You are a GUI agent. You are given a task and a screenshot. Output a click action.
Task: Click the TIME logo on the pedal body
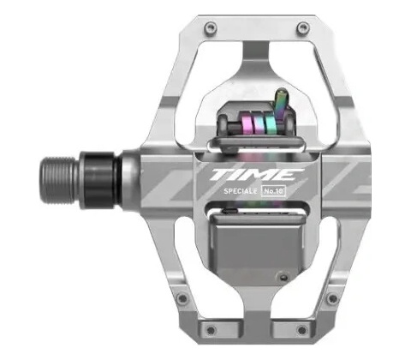[x=253, y=174]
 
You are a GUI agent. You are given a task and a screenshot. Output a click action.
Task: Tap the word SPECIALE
[x=241, y=191]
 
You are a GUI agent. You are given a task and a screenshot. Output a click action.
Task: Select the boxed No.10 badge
[x=274, y=191]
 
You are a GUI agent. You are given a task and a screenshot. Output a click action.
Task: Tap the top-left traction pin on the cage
[x=211, y=27]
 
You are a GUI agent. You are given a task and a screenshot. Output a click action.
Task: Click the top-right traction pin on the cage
[x=303, y=27]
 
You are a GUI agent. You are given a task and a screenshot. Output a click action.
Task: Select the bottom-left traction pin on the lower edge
[x=211, y=330]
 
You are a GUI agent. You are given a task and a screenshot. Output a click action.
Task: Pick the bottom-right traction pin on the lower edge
[x=302, y=330]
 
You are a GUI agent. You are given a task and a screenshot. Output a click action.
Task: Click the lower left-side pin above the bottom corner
[x=182, y=299]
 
